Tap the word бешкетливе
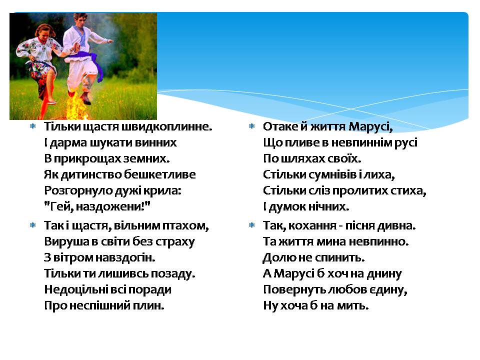tap(160, 174)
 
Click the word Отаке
tap(280, 126)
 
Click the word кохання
tap(312, 226)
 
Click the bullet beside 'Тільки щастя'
tap(33, 126)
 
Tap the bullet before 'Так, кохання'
tap(251, 225)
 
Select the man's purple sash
tap(89, 63)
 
